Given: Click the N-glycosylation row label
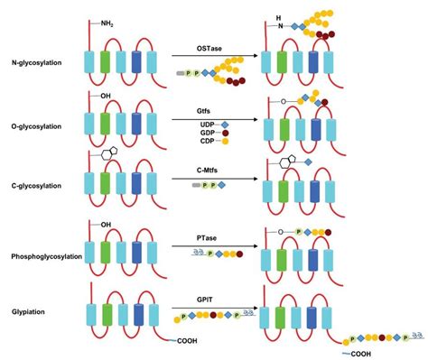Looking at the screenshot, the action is click(x=36, y=63).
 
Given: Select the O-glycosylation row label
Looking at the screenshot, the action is click(x=36, y=126).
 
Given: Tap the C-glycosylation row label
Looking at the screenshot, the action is click(x=36, y=186).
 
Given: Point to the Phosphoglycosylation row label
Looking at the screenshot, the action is click(x=47, y=256).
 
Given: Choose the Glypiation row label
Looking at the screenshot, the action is click(x=28, y=312).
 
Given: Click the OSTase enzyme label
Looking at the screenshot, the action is click(x=209, y=49).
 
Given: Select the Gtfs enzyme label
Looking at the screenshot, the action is click(x=204, y=111).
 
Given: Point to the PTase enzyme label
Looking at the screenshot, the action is click(x=207, y=238).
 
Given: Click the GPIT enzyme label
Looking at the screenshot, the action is click(x=205, y=300).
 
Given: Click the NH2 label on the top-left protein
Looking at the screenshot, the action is click(x=107, y=23).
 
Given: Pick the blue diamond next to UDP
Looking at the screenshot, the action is click(x=225, y=125).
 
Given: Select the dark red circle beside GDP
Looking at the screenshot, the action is click(x=225, y=133).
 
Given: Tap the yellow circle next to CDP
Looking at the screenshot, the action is click(x=225, y=141).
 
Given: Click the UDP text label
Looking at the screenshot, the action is click(x=207, y=125).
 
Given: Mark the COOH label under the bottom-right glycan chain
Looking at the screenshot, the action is click(x=361, y=354).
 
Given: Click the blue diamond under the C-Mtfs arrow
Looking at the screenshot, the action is click(x=221, y=185).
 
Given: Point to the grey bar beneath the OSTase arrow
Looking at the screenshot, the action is click(x=181, y=73).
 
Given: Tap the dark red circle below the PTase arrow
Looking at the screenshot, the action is click(x=239, y=254).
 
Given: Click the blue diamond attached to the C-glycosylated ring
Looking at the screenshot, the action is click(x=308, y=162).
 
